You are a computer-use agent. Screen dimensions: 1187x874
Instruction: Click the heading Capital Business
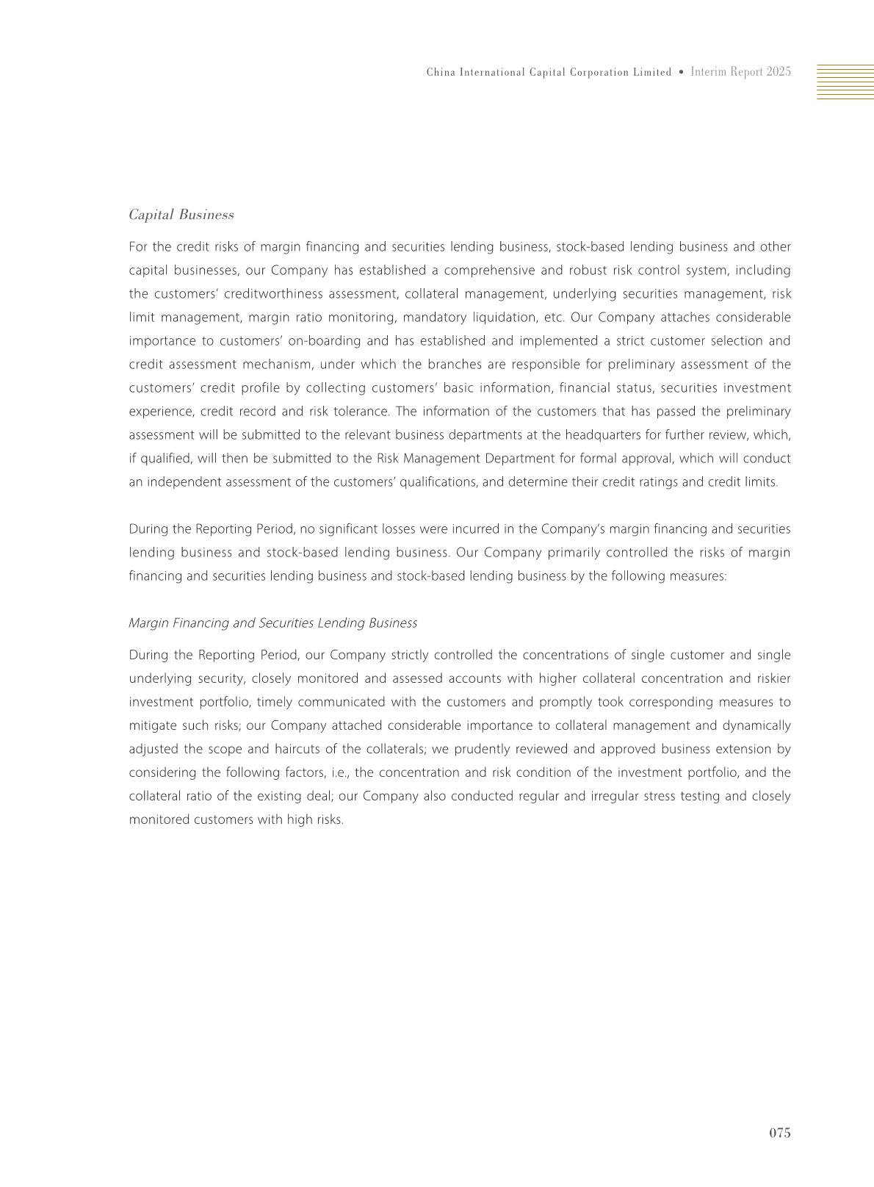[181, 215]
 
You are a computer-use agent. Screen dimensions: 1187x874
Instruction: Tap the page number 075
[779, 1133]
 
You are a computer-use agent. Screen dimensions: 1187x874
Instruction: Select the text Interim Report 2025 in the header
[740, 72]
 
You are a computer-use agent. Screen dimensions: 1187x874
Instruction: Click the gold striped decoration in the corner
[845, 82]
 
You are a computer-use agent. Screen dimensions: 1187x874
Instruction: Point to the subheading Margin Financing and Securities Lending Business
[272, 623]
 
